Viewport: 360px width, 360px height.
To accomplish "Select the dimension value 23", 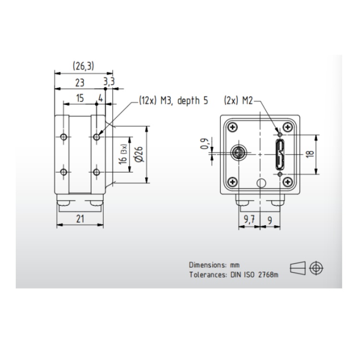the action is tap(80, 83).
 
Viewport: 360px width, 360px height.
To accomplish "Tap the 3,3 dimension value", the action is tap(109, 82).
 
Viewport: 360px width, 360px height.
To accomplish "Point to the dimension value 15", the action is tap(80, 98).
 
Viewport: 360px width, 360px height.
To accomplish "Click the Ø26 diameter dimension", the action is tap(139, 154).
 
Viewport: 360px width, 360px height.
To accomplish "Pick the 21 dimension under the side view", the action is tap(80, 219).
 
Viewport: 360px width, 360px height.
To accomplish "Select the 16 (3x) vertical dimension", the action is tap(123, 154).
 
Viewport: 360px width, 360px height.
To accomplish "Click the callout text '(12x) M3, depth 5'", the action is tap(173, 101).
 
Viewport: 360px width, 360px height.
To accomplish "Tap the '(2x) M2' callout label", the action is tap(238, 101).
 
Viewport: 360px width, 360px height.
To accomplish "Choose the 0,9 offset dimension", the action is tap(204, 144).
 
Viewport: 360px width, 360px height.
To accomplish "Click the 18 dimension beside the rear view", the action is tap(310, 154).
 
